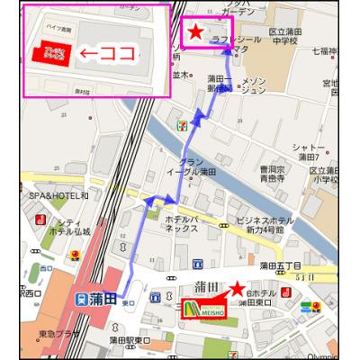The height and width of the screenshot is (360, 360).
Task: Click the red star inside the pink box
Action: click(x=195, y=33)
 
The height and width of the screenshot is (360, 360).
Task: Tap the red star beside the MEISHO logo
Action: click(x=237, y=290)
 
